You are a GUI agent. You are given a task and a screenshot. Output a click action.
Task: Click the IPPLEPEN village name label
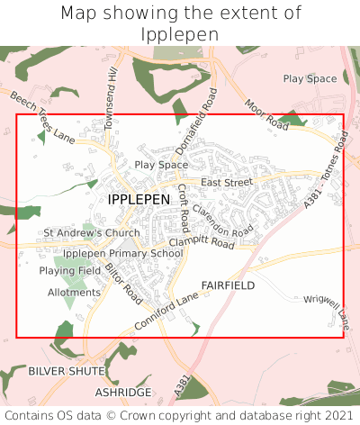[138, 198]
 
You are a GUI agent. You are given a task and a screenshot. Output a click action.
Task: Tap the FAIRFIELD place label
[228, 285]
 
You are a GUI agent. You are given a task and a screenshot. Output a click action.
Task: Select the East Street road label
[227, 183]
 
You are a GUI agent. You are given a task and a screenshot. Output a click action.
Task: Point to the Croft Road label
[183, 206]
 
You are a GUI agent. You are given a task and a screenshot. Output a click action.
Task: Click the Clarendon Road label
[223, 220]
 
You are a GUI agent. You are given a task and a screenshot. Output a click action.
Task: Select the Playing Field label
[70, 270]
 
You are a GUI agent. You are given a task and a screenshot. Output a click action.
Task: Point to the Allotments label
[74, 293]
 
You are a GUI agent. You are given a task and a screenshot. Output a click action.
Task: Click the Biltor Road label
[123, 282]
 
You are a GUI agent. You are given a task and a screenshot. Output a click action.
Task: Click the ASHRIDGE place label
[123, 393]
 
